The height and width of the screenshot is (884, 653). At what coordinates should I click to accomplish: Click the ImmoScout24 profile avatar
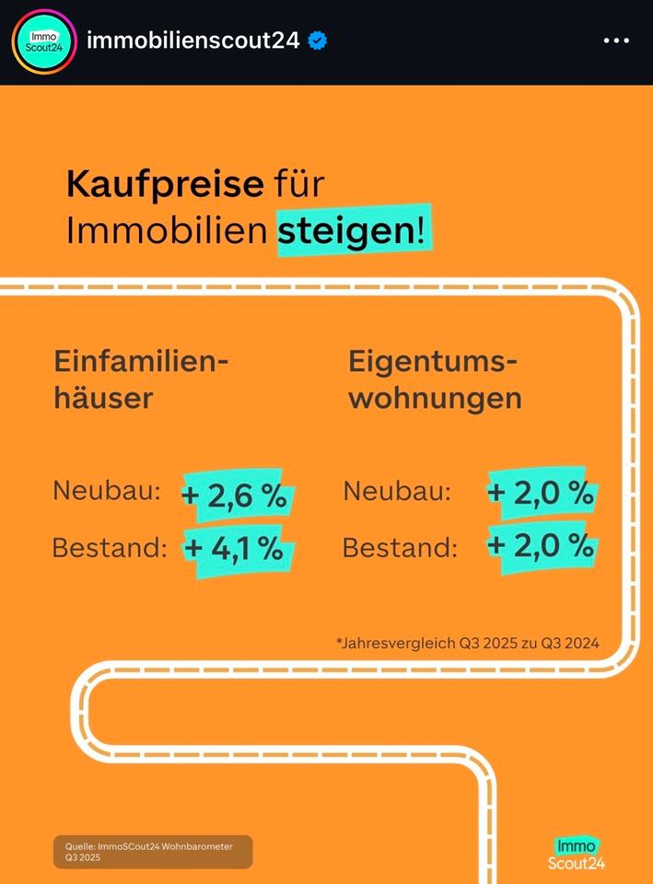[x=44, y=41]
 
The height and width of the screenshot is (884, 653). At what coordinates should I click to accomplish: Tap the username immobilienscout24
[x=192, y=41]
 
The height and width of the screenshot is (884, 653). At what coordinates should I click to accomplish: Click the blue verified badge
[x=318, y=41]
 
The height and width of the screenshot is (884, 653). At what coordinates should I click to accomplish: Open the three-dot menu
[x=615, y=41]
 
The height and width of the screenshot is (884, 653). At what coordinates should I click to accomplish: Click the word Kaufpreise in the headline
[x=165, y=184]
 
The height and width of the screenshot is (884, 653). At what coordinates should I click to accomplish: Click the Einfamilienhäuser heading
[x=140, y=378]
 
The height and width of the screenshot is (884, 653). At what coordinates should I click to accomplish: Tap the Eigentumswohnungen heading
[x=434, y=378]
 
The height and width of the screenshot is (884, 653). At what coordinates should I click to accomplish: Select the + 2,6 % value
[x=237, y=495]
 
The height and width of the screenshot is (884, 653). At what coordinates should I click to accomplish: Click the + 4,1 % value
[x=237, y=548]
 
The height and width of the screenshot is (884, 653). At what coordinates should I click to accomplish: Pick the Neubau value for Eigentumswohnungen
[x=542, y=493]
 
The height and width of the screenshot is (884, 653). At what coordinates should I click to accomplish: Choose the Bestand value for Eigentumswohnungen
[x=542, y=546]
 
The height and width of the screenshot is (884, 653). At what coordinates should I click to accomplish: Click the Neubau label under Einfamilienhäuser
[x=106, y=491]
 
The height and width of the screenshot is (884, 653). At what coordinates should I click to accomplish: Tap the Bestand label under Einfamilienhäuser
[x=109, y=548]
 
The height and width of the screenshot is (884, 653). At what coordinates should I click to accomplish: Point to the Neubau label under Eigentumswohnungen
[x=397, y=492]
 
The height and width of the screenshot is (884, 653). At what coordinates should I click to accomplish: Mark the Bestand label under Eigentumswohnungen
[x=400, y=548]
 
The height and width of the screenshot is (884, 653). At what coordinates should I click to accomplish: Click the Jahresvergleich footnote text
[x=467, y=643]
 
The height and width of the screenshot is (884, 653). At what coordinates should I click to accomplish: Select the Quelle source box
[x=152, y=852]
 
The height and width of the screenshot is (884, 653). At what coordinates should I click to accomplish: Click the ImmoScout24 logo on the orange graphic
[x=577, y=853]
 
